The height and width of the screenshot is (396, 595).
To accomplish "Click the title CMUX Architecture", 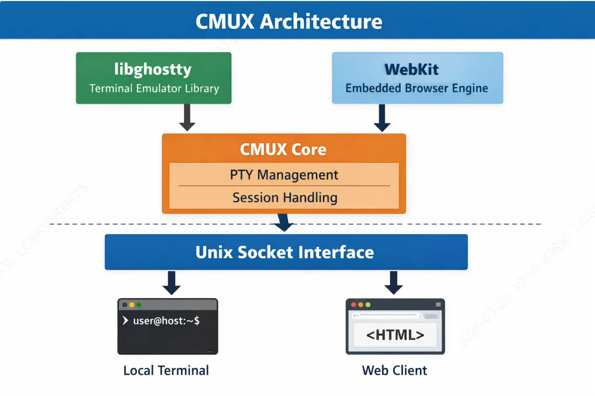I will (x=289, y=22).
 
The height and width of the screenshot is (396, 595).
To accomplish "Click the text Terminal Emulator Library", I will (x=154, y=88).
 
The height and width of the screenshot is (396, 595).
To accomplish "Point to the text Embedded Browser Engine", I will (x=417, y=88).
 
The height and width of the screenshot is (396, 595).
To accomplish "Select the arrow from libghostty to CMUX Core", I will (x=187, y=118).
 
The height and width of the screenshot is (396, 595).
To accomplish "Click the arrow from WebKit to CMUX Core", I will (x=382, y=118).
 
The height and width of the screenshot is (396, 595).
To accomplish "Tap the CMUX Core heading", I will (x=283, y=149).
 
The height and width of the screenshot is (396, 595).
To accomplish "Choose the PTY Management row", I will (x=284, y=175).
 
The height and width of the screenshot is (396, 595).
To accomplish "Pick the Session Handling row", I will (x=284, y=198).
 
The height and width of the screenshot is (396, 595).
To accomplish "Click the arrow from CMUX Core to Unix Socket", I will (x=284, y=222).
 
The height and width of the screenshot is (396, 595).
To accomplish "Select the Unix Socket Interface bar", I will (x=285, y=252).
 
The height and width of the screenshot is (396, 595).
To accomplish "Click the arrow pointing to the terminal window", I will (x=171, y=283).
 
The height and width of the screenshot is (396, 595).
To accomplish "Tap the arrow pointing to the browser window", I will (x=394, y=283).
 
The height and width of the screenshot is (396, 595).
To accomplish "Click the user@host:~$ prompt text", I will (x=166, y=320).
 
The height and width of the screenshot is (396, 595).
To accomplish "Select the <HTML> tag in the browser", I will (x=395, y=335).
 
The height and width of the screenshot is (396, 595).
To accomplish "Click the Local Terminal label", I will (x=166, y=370).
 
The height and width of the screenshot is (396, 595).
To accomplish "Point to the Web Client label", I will (x=395, y=370).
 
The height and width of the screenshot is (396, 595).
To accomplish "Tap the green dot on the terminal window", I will (x=139, y=305).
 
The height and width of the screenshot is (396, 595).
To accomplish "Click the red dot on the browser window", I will (x=354, y=305).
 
